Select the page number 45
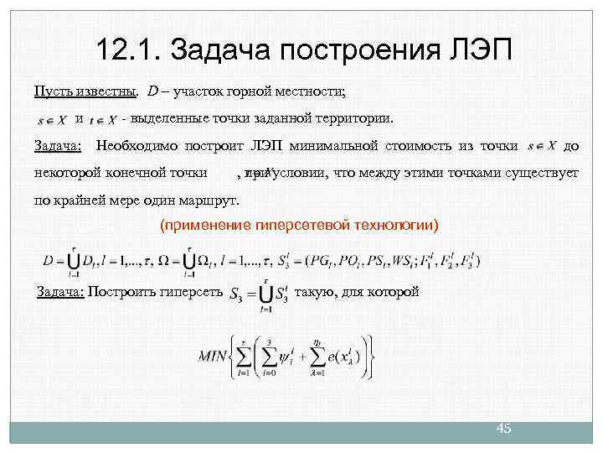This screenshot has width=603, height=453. (x=503, y=429)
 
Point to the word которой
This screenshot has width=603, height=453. (x=392, y=293)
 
